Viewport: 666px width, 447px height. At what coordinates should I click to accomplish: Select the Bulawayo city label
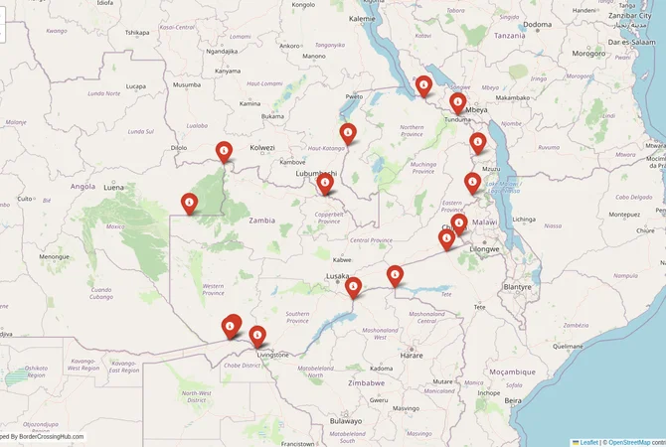[346, 421]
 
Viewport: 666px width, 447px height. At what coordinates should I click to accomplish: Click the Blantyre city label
[518, 286]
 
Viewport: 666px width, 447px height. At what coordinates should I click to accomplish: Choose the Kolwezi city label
[261, 148]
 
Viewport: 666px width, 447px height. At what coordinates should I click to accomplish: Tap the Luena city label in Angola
[114, 187]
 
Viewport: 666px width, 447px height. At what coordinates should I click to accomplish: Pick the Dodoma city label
[538, 24]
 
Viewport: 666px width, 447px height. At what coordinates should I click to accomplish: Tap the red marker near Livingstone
[257, 336]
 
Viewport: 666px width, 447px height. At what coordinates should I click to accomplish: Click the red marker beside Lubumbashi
[324, 183]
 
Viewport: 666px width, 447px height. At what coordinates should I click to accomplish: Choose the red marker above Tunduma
[457, 102]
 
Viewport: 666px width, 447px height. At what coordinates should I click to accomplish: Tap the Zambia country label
[262, 221]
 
